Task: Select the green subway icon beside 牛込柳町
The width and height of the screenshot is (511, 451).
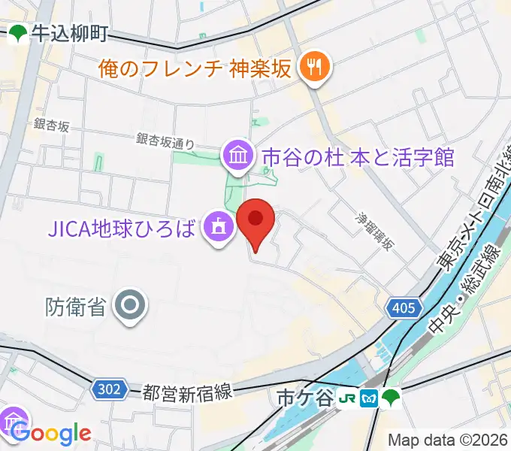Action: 18,33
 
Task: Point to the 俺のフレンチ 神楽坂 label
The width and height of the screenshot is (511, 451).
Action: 195,69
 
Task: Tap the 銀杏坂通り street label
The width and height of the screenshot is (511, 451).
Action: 165,140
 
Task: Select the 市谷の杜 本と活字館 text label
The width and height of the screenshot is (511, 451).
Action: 358,157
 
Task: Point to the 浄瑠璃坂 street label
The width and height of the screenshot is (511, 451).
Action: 374,232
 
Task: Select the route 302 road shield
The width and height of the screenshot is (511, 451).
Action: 109,389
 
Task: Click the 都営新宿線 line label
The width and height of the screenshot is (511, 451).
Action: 188,392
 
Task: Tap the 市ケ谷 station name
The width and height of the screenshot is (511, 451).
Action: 304,398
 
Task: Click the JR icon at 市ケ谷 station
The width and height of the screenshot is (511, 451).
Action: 348,398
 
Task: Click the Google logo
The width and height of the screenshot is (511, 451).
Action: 51,433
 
